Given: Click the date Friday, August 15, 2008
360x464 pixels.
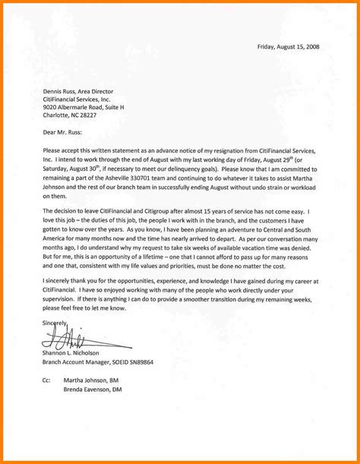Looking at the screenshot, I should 289,46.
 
